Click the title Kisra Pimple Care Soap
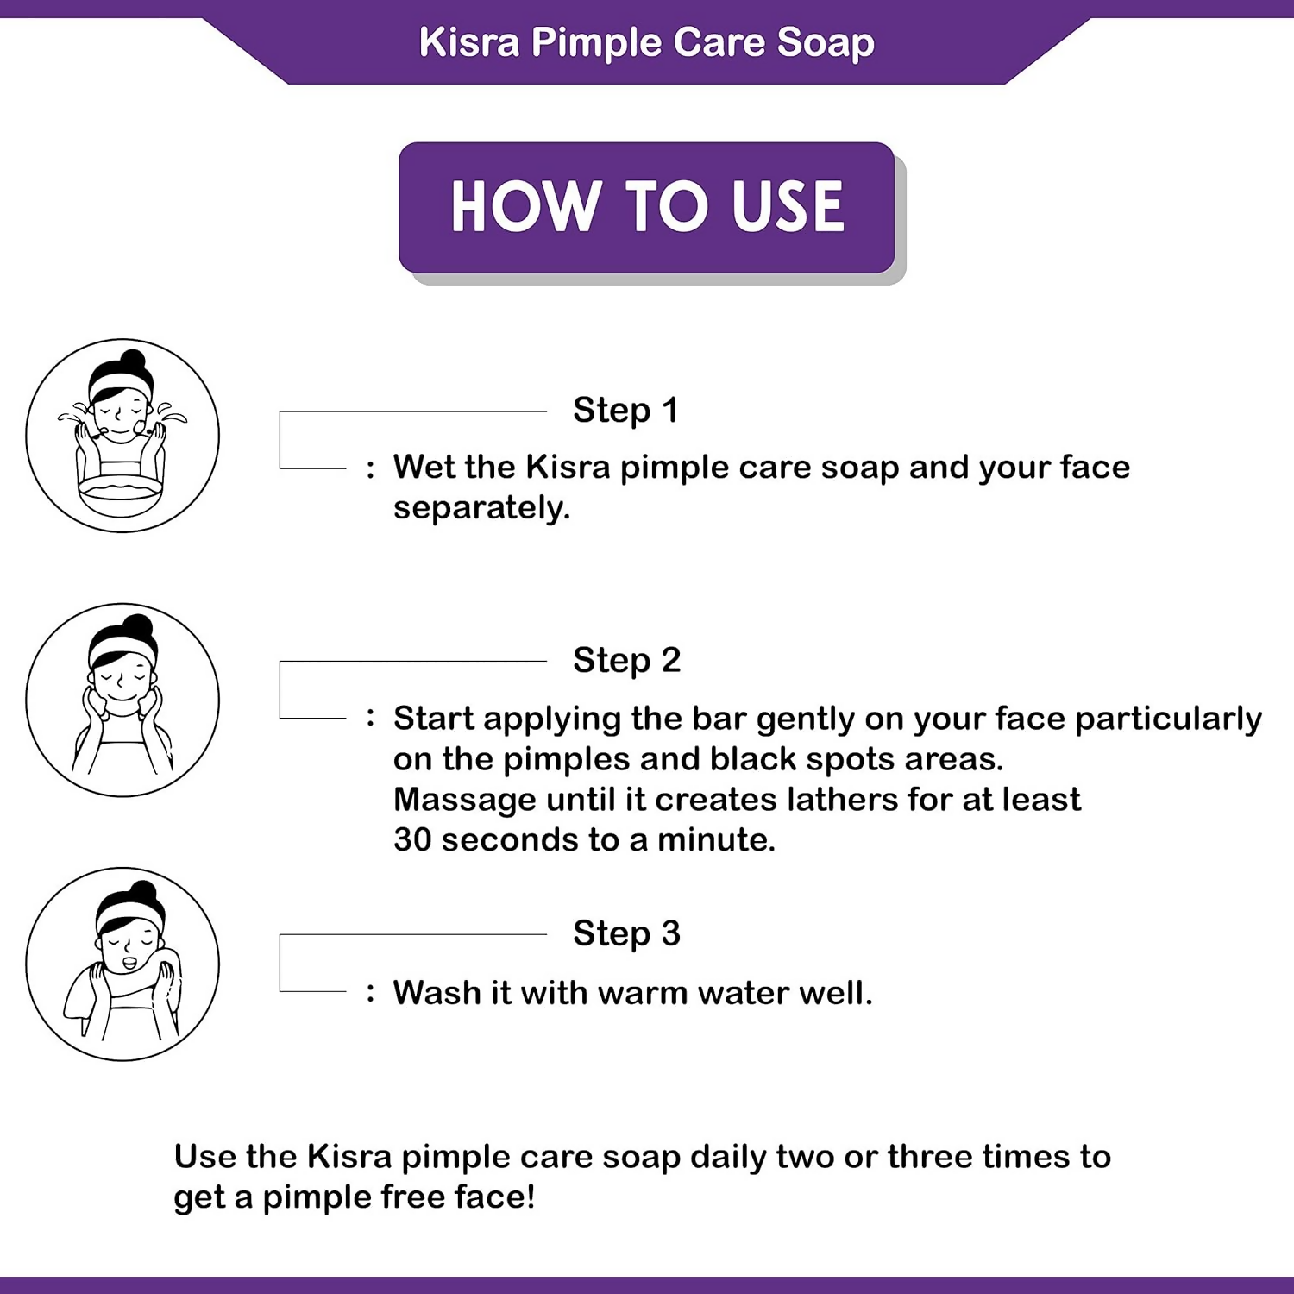pos(647,43)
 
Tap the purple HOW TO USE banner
pos(647,208)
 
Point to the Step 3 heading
pos(627,934)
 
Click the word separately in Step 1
pos(481,509)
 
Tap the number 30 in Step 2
pos(411,839)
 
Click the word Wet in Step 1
pos(423,468)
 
